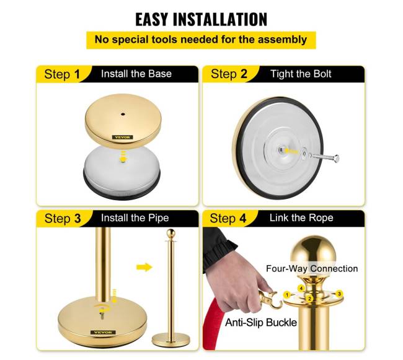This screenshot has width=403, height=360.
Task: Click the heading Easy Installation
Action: pyautogui.click(x=201, y=19)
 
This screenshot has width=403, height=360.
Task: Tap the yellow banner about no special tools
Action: pyautogui.click(x=201, y=40)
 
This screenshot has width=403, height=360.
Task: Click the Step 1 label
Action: pyautogui.click(x=62, y=74)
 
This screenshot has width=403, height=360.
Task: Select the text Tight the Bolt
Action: pyautogui.click(x=301, y=74)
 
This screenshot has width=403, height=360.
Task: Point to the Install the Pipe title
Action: pyautogui.click(x=135, y=218)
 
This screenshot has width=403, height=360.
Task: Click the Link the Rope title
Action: pyautogui.click(x=301, y=217)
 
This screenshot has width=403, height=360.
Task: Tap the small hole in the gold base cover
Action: pyautogui.click(x=123, y=114)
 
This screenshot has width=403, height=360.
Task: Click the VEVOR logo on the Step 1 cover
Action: pyautogui.click(x=122, y=138)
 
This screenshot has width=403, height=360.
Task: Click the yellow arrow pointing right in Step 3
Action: pyautogui.click(x=144, y=267)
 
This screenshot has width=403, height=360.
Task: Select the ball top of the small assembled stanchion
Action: pyautogui.click(x=170, y=234)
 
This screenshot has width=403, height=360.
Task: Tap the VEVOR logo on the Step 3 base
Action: pyautogui.click(x=103, y=333)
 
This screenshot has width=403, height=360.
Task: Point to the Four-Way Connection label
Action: pyautogui.click(x=312, y=268)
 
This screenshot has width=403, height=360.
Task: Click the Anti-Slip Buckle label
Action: pyautogui.click(x=261, y=322)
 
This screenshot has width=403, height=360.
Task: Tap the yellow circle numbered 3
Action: pyautogui.click(x=340, y=294)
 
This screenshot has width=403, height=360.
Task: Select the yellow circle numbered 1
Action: pyautogui.click(x=287, y=295)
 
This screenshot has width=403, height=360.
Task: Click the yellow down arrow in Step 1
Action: pyautogui.click(x=123, y=156)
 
